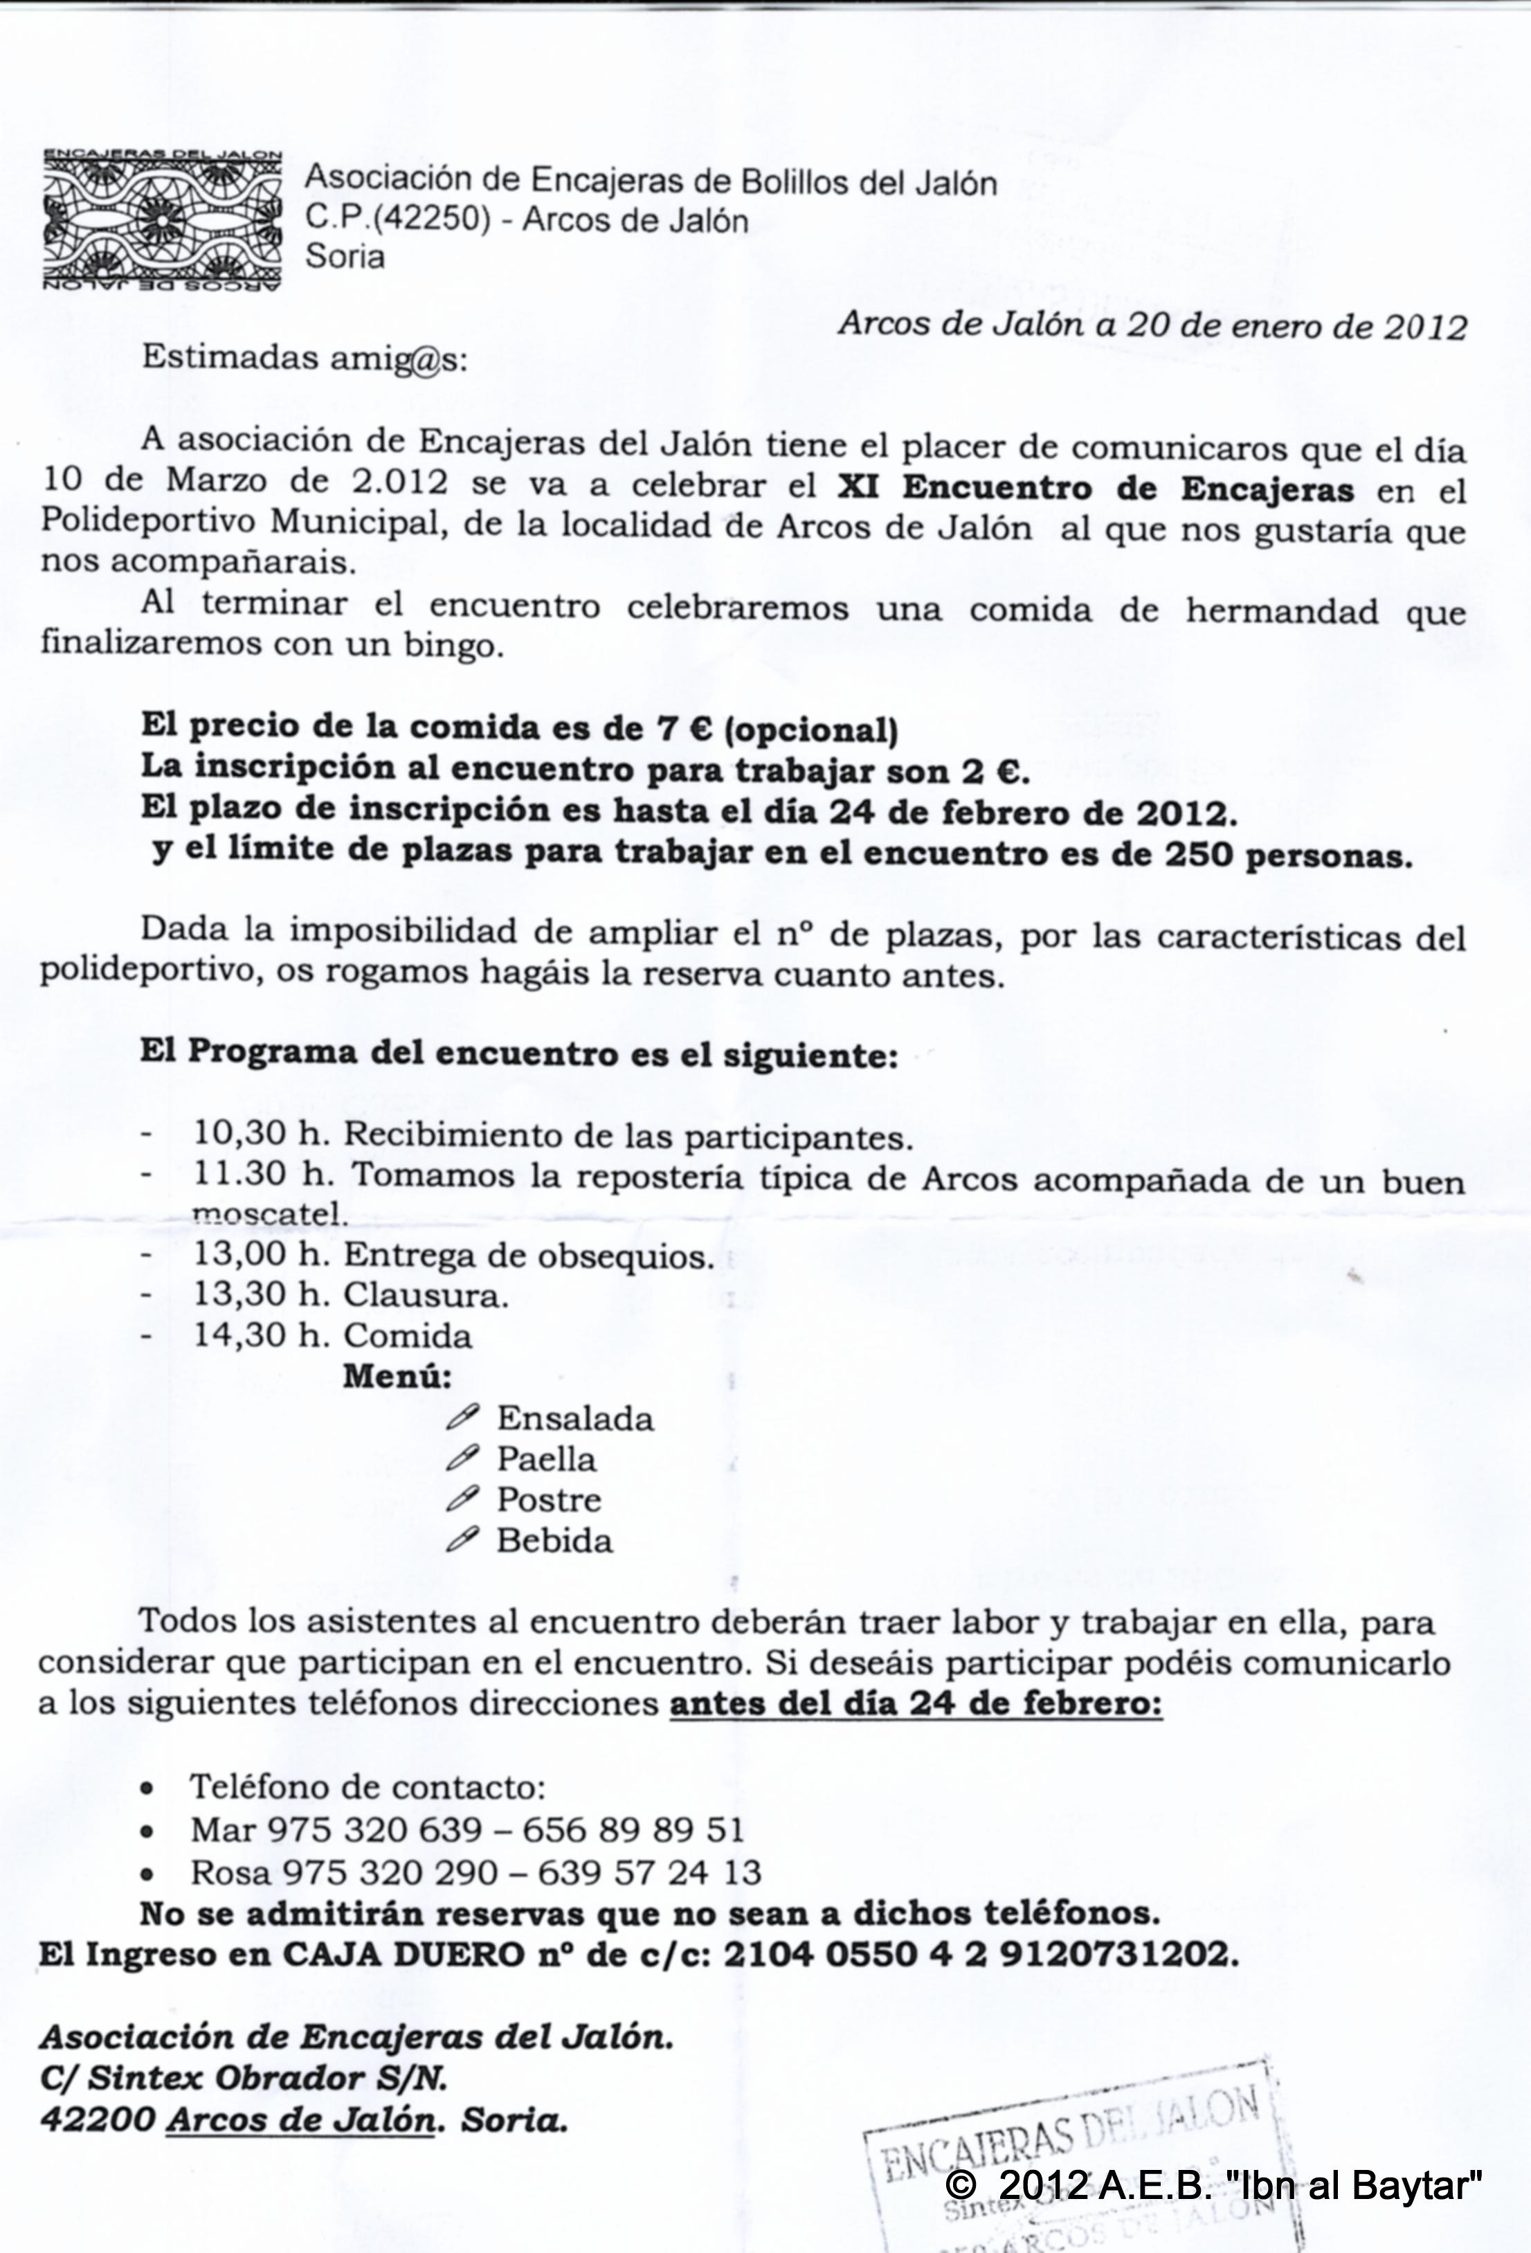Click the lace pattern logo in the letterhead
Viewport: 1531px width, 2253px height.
pos(161,221)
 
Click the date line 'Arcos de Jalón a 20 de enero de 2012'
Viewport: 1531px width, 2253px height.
pos(1152,326)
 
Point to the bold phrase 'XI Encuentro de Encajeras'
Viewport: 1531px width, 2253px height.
pos(1096,489)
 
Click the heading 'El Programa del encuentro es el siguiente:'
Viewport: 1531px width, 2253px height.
pos(518,1053)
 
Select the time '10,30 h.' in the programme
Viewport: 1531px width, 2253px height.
pos(263,1134)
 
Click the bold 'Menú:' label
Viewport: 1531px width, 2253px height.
pos(397,1375)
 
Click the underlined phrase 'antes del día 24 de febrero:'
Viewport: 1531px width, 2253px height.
pos(915,1703)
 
